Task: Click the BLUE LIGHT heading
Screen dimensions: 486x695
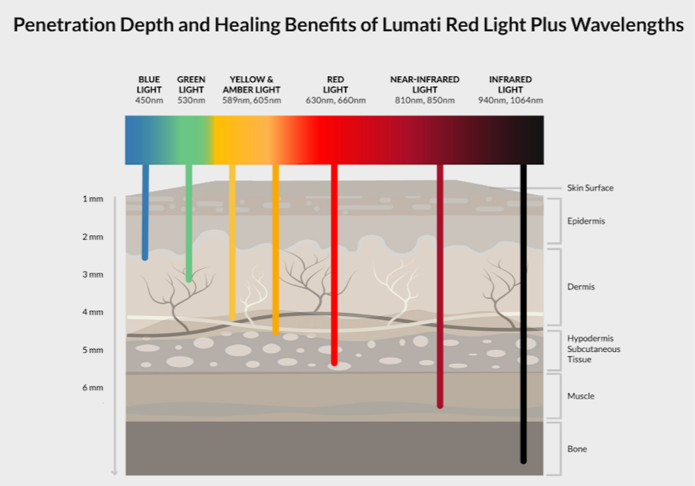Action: (149, 84)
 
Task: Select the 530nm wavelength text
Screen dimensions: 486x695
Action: (191, 100)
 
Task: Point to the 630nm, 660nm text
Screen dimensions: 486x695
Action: (335, 100)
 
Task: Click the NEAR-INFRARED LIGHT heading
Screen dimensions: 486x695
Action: (424, 84)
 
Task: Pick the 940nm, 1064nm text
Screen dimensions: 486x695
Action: (510, 100)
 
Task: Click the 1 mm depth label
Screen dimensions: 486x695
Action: (93, 198)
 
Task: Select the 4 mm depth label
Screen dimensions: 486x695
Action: (93, 312)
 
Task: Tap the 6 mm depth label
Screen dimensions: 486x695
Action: (93, 388)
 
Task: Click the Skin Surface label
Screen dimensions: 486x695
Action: (590, 188)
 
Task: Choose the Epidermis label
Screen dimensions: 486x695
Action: (586, 221)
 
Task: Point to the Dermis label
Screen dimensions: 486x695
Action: (580, 287)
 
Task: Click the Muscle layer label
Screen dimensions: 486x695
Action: (580, 397)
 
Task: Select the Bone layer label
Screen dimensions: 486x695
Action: (577, 449)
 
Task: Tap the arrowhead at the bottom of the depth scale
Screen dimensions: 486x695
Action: (114, 472)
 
